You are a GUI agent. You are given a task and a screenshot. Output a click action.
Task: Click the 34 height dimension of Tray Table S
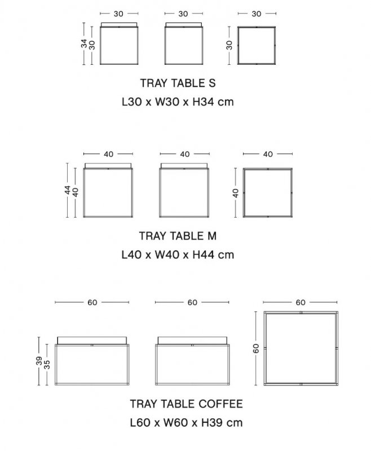[84, 44]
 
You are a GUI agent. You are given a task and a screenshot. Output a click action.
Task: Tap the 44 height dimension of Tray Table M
[68, 190]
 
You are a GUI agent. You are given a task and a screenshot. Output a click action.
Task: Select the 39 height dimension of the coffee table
[39, 361]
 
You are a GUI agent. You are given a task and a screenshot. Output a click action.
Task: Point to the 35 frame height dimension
[47, 364]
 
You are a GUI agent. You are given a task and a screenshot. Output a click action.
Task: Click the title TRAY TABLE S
[178, 83]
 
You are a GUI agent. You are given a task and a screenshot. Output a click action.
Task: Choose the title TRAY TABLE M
[178, 236]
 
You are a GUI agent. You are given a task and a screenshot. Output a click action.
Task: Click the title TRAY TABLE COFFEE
[187, 404]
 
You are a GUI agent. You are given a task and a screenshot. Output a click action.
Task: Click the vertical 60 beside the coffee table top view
[256, 348]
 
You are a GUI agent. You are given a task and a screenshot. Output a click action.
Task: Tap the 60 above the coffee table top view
[301, 302]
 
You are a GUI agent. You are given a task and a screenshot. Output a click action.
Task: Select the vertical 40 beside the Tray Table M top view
[236, 193]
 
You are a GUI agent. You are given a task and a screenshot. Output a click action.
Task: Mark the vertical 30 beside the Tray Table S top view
[229, 45]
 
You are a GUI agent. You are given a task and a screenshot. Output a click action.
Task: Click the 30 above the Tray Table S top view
[257, 14]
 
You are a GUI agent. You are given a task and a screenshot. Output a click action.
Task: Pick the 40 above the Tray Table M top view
[268, 154]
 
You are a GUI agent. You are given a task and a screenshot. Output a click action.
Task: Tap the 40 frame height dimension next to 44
[76, 192]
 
